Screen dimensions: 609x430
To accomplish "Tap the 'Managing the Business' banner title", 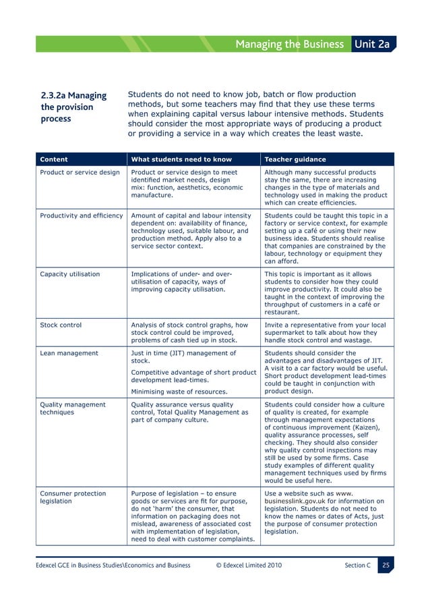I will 289,45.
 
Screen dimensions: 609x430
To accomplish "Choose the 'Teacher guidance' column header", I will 295,159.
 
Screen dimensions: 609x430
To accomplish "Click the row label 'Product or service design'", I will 80,172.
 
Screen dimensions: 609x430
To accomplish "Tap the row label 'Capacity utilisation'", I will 70,274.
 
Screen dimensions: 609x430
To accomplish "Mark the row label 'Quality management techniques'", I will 73,409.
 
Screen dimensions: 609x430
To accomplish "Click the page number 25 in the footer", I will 386,564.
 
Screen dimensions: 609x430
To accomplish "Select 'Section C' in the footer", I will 353,565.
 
